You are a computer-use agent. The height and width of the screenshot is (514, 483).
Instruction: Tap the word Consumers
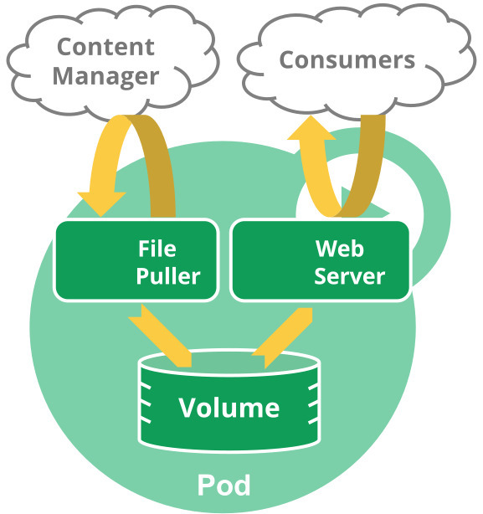[x=347, y=59]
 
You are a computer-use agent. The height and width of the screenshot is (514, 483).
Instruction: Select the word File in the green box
[x=157, y=249]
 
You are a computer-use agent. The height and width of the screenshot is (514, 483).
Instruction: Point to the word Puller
[x=170, y=275]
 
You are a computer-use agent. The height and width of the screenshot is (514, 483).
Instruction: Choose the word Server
[x=349, y=275]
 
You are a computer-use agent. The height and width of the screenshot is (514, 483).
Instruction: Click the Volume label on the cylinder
[x=229, y=408]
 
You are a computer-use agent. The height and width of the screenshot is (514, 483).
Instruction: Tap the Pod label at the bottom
[x=224, y=485]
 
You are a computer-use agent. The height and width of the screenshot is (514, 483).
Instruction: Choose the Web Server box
[x=268, y=260]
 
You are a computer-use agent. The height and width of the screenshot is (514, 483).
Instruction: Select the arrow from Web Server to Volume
[x=289, y=335]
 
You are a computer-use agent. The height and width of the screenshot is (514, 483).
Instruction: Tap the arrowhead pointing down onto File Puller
[x=100, y=203]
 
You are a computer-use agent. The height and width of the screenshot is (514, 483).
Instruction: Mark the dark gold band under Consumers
[x=364, y=163]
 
